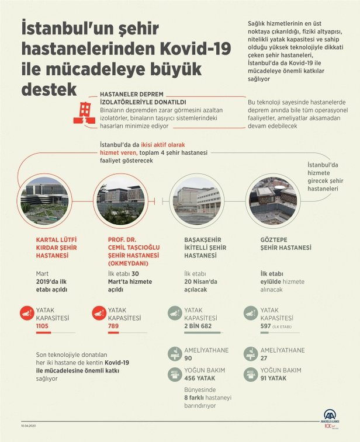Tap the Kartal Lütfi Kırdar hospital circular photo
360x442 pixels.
click(x=44, y=200)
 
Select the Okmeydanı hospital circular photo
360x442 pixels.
click(x=121, y=200)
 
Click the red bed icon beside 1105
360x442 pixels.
click(x=26, y=314)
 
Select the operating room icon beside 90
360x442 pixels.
click(x=174, y=354)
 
